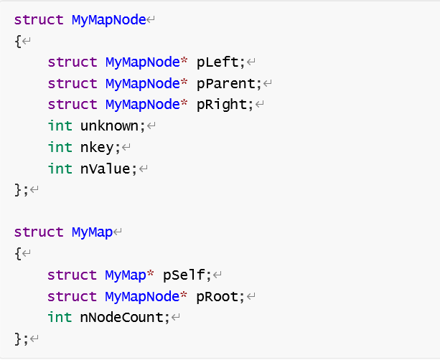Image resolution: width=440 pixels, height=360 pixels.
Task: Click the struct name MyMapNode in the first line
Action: pos(108,19)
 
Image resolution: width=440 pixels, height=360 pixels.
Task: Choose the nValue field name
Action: pos(105,169)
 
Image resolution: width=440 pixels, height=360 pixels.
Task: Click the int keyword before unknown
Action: pos(60,126)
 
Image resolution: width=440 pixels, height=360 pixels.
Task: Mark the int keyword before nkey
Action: pos(60,147)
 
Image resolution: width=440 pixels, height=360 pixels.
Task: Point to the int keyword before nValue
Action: pos(60,169)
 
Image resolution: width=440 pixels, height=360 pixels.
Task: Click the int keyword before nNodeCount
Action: pos(60,318)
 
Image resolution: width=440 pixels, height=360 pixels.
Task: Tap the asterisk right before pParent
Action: pos(183,83)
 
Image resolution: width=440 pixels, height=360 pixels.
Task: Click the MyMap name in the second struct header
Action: pos(92,232)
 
